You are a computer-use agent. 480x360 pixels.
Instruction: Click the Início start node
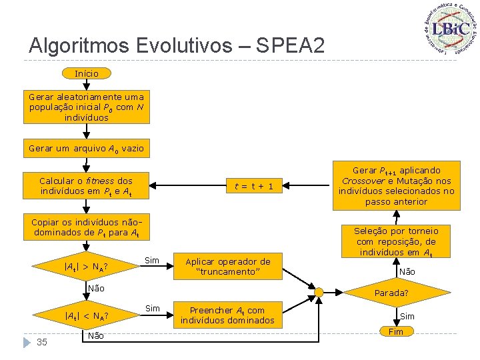click(x=86, y=73)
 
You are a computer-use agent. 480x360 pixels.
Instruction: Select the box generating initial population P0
click(x=86, y=107)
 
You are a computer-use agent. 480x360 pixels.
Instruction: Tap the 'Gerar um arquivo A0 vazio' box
click(x=86, y=148)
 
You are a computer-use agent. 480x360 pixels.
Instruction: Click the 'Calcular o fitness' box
click(x=86, y=186)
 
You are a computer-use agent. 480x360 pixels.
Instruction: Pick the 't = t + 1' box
click(x=249, y=186)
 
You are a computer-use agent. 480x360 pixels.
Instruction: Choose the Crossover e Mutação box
click(x=396, y=186)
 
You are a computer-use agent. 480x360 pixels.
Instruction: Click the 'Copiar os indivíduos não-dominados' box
click(x=86, y=227)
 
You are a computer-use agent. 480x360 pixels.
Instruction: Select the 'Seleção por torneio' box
click(x=396, y=241)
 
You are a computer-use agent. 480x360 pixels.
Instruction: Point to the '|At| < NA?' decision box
click(x=86, y=315)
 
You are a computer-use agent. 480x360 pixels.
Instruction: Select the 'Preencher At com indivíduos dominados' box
click(x=227, y=315)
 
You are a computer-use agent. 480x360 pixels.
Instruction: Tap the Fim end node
click(x=396, y=332)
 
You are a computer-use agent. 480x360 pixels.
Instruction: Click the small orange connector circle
click(x=319, y=293)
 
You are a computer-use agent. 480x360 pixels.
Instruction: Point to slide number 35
click(x=41, y=342)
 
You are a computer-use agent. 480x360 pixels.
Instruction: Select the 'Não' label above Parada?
click(x=407, y=272)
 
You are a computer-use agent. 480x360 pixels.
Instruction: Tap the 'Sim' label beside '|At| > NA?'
click(x=152, y=260)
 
